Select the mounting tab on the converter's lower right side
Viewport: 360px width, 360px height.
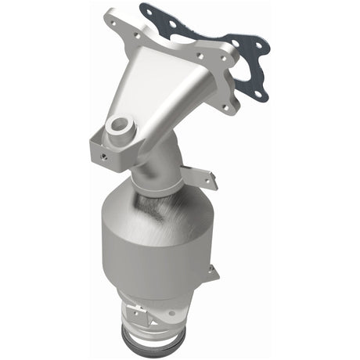point(212,273)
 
